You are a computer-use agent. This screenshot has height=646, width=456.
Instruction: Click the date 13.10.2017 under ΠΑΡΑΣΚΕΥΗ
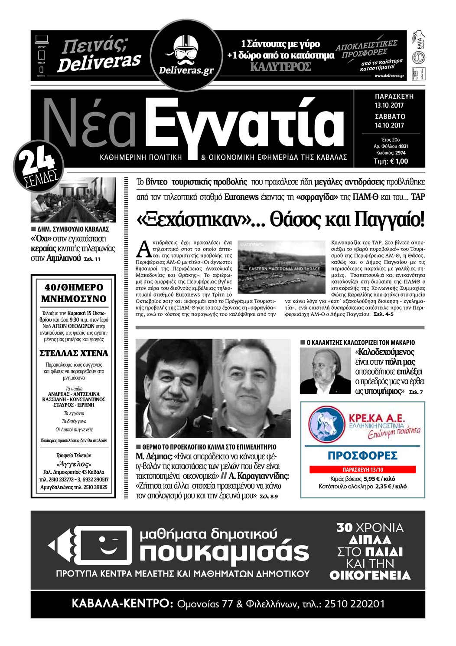pos(389,105)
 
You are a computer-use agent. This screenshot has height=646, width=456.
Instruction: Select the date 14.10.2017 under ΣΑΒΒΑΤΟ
pos(389,125)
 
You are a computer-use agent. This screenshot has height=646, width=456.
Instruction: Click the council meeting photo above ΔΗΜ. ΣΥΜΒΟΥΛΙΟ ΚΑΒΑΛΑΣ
pos(73,200)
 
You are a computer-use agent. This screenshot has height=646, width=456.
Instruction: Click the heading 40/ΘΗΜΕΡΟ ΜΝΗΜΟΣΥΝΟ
pos(74,293)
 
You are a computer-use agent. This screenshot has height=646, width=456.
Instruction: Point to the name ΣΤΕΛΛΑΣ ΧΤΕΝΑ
pos(74,353)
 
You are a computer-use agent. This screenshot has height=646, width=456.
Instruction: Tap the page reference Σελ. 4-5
pos(383,314)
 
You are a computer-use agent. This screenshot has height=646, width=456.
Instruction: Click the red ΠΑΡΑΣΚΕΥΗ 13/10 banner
pos(362,470)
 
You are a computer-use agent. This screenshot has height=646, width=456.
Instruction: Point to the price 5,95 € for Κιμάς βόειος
pos(372,479)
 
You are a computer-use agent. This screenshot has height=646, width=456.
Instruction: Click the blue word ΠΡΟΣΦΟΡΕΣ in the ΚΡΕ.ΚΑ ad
pos(362,456)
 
